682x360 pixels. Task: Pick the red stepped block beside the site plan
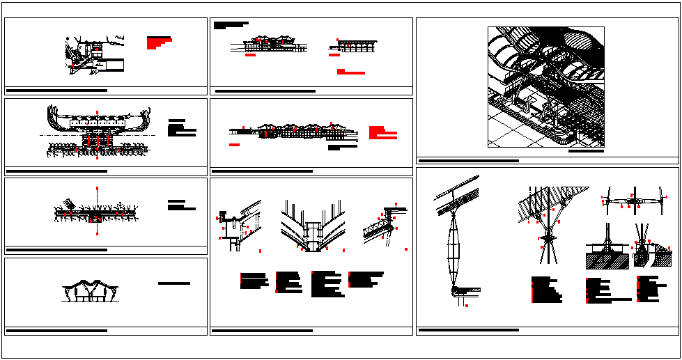click(x=159, y=42)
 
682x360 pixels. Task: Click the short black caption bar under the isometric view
click(x=586, y=150)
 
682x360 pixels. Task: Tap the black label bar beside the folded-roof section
click(x=174, y=283)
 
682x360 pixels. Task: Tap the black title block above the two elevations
click(x=230, y=25)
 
